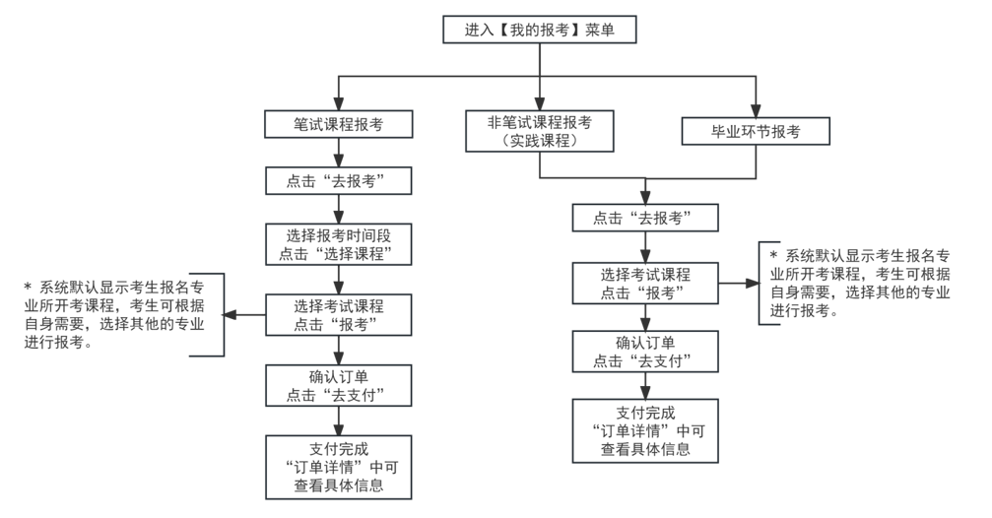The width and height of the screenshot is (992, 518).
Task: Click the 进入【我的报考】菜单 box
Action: click(539, 30)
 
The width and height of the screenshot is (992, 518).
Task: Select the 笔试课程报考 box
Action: click(338, 125)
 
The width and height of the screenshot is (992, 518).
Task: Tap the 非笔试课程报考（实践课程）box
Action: click(539, 130)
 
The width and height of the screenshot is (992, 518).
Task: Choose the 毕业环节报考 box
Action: click(756, 130)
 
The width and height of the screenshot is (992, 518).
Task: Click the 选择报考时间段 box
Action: click(338, 244)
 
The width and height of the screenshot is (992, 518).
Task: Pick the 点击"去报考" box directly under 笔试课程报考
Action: click(338, 182)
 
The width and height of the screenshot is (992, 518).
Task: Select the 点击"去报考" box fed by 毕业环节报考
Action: click(645, 218)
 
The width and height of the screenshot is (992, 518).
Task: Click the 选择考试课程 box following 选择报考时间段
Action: click(338, 315)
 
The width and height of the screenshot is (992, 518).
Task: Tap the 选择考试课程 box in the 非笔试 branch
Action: click(645, 283)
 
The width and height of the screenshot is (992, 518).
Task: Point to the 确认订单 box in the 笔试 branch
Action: click(338, 385)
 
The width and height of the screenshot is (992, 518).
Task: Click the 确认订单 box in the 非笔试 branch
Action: click(645, 352)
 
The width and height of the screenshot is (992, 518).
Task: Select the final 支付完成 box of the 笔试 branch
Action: click(338, 466)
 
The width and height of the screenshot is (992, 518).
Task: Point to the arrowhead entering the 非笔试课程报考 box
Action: click(539, 102)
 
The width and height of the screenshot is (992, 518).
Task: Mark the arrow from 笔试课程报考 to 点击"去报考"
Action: click(338, 154)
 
